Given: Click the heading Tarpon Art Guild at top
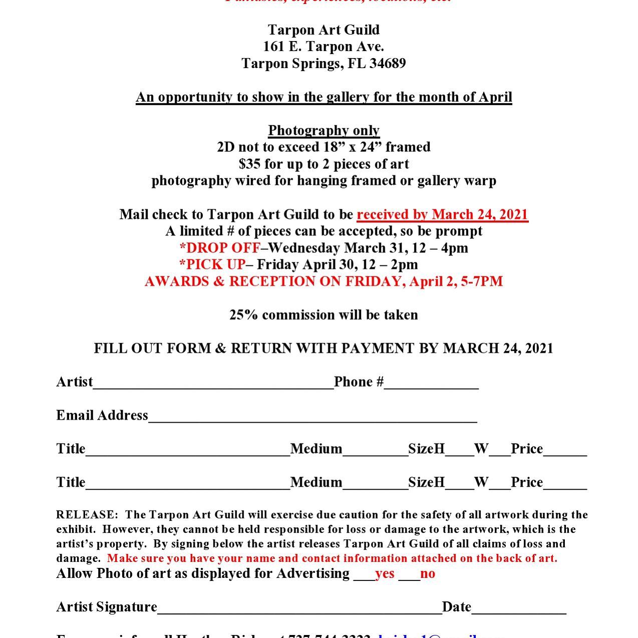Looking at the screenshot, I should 324,30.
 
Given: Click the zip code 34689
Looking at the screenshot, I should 387,64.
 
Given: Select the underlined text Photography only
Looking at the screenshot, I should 324,131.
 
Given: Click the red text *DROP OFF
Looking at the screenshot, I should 220,248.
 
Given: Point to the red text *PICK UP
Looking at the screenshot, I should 212,264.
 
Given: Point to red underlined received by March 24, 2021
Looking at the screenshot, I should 442,215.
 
